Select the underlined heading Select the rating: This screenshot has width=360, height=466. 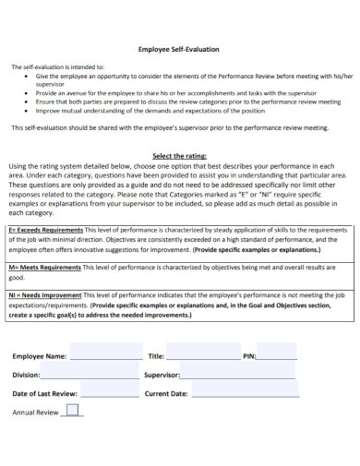[179, 156]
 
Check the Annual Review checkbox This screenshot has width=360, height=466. [72, 411]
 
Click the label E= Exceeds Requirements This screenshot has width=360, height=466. [45, 229]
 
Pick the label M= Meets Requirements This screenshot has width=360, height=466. [44, 267]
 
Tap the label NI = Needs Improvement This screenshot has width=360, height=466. [44, 294]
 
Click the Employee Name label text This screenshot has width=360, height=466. [40, 355]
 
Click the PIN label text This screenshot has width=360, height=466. [248, 355]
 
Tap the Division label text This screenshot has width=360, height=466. [27, 375]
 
